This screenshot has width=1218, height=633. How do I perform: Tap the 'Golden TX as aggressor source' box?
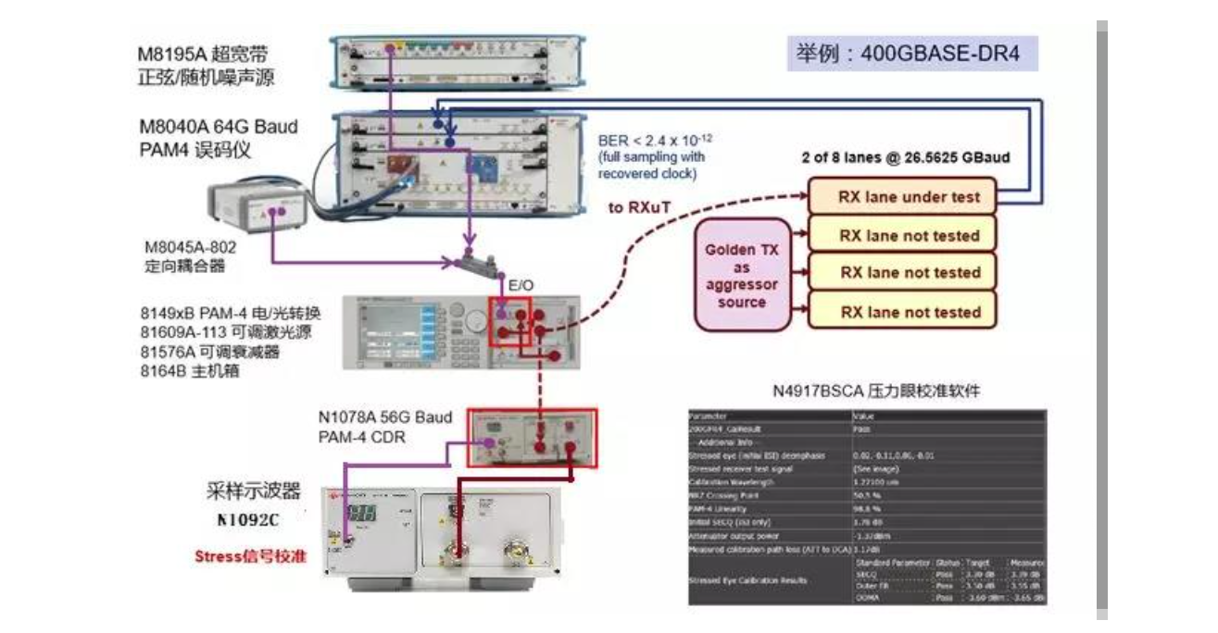[x=742, y=277]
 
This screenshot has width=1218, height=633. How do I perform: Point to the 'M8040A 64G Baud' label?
[x=218, y=127]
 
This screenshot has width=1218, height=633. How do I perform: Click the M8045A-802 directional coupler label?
[x=184, y=248]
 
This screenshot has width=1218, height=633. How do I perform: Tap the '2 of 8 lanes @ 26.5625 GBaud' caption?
[x=906, y=157]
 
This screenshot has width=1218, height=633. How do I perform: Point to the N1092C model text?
[x=247, y=520]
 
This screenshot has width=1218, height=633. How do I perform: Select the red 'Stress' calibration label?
[x=251, y=557]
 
